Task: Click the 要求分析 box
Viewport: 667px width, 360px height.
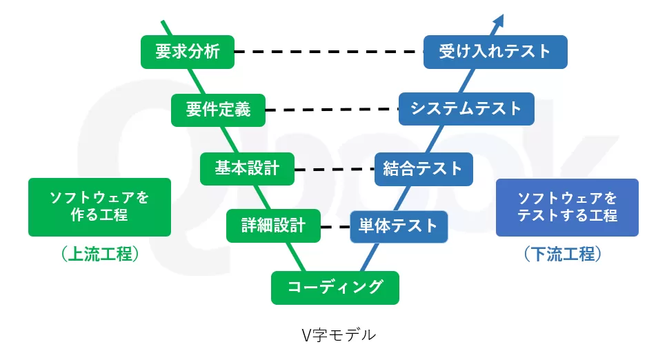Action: pos(188,52)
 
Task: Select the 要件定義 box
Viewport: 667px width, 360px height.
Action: pos(218,110)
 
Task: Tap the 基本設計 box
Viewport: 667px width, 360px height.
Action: pos(247,168)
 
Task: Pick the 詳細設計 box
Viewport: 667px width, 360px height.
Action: pos(273,226)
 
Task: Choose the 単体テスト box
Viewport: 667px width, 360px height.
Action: pos(399,226)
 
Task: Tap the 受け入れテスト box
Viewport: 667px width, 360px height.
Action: pos(495,52)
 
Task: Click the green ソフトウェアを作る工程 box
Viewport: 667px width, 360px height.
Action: pos(99,207)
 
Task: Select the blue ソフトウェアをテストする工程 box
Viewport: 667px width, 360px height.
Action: pos(567,207)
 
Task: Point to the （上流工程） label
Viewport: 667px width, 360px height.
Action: pos(100,254)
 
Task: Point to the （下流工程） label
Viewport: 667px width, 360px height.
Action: pos(568,254)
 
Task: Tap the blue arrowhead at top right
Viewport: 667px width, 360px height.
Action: pos(499,20)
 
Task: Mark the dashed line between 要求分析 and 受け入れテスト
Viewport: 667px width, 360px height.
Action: pos(328,52)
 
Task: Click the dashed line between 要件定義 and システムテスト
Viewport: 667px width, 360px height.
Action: pos(331,110)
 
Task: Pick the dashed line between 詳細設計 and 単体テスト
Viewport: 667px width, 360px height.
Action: pos(335,226)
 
